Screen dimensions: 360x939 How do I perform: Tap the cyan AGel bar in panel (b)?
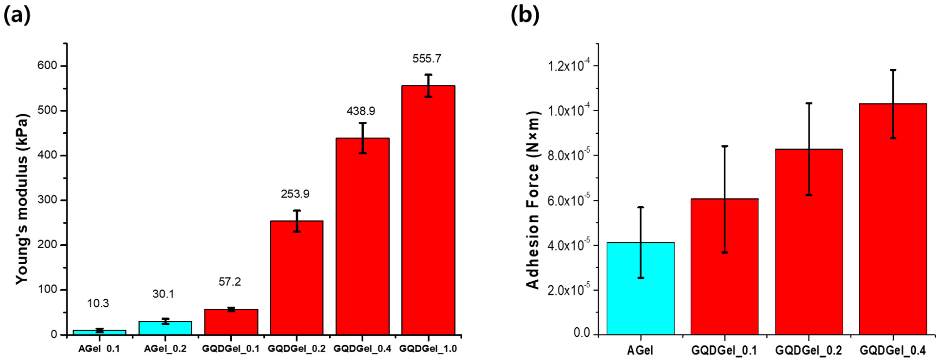pos(640,288)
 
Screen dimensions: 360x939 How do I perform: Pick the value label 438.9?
pos(361,111)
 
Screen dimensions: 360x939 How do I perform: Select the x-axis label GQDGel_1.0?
pos(428,349)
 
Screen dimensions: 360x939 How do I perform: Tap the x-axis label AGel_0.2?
pos(165,349)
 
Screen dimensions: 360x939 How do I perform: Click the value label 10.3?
pos(98,304)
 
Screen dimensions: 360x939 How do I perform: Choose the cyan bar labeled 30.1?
pos(165,328)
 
